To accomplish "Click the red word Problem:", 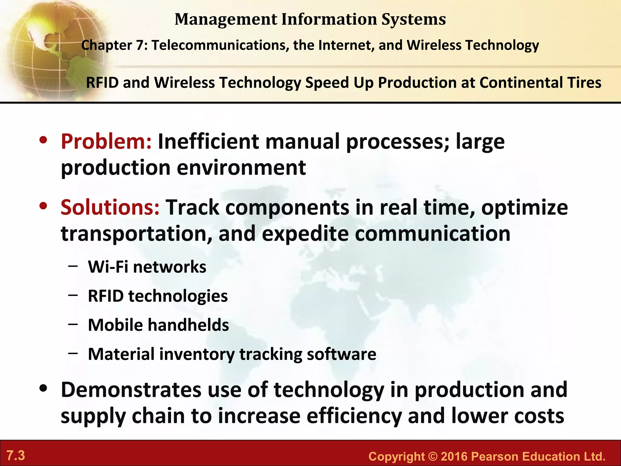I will tap(106, 142).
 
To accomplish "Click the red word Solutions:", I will tap(110, 208).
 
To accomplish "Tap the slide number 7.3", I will tap(16, 456).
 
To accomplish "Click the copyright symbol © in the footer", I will tap(433, 457).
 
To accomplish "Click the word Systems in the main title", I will tap(413, 19).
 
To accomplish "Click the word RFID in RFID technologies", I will tap(106, 296).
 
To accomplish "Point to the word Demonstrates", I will tap(131, 390).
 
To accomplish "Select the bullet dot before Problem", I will tap(43, 140).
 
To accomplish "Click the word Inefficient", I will tap(208, 142).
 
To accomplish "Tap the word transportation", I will tap(136, 234).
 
